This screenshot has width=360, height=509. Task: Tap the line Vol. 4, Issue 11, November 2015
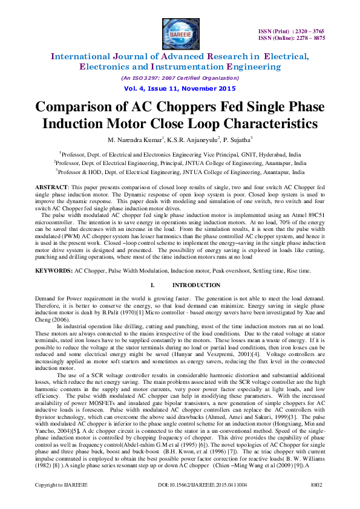click(179, 88)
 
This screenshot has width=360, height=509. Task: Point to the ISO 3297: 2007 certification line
click(179, 78)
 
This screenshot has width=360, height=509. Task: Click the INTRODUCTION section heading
click(196, 285)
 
